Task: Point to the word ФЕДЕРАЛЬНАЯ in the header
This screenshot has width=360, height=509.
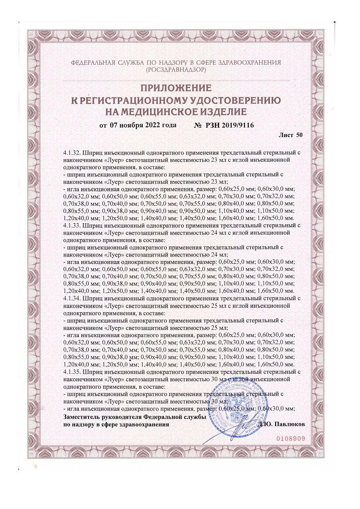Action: click(x=99, y=64)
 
